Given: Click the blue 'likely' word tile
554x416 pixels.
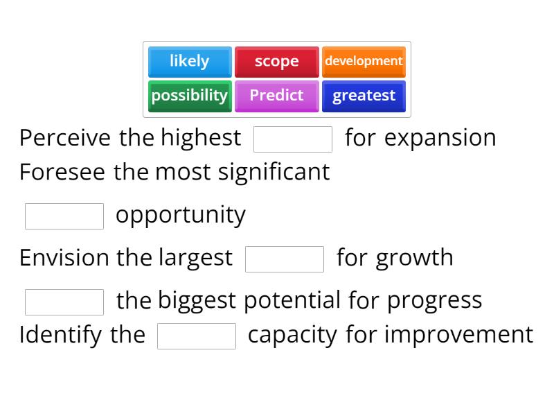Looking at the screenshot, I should pos(189,61).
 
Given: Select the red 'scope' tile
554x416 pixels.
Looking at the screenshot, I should pos(276,61).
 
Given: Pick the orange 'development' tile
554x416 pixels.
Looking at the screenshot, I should pos(364,61).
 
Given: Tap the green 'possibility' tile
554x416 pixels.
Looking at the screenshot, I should pos(189,95).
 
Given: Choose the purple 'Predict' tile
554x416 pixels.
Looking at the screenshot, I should pos(276,95).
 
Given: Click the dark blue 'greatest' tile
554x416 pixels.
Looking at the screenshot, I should pos(364,95).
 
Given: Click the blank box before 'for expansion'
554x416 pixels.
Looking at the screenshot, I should pos(293,139).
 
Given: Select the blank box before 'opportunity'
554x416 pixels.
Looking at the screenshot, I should pos(64,216).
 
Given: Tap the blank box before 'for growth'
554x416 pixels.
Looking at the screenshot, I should pos(285,259).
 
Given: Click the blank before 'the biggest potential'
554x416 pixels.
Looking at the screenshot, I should pos(64,302).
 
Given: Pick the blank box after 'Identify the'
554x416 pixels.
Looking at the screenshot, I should pos(197,336).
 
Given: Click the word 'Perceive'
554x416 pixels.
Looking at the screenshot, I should pos(64,137).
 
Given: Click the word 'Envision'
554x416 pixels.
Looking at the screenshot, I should pos(64,257).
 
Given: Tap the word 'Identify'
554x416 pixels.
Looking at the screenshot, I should pos(61,334).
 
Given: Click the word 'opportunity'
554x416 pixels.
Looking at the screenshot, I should pos(180,215).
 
